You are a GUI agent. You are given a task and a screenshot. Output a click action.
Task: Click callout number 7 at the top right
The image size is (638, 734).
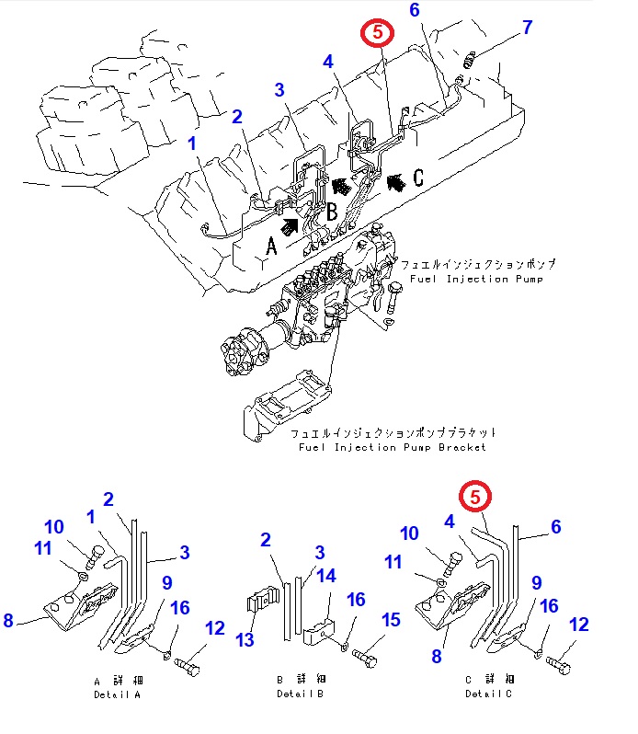point(527,28)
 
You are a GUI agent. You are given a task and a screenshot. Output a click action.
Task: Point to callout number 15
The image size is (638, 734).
point(392,621)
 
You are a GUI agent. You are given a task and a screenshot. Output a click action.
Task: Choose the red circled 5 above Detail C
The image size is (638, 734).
point(475,496)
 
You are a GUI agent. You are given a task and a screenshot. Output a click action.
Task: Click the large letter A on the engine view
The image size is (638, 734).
point(271,247)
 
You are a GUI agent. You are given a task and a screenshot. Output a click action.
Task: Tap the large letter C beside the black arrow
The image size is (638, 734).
point(417,178)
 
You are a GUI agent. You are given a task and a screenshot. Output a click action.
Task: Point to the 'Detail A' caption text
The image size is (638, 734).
point(117,694)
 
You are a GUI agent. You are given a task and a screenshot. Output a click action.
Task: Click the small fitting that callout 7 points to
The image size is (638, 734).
point(471,62)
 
